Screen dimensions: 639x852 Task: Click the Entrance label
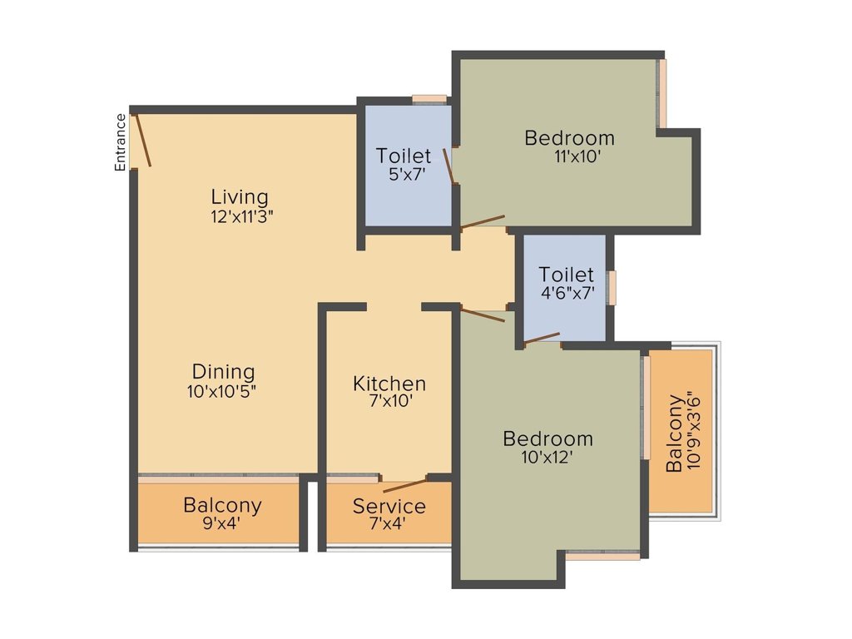click(x=120, y=142)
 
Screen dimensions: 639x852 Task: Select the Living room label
click(x=240, y=197)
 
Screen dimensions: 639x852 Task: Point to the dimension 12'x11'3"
click(x=241, y=216)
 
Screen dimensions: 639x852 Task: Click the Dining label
click(x=223, y=372)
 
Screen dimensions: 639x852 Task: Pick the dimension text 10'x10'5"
click(x=222, y=391)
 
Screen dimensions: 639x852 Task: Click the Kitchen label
click(x=389, y=384)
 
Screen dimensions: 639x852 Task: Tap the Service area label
click(x=389, y=506)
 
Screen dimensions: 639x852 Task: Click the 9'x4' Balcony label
click(x=222, y=505)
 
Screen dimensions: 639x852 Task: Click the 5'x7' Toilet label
click(x=404, y=156)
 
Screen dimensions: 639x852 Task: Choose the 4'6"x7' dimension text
click(x=567, y=293)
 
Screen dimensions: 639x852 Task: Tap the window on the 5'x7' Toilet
click(x=429, y=99)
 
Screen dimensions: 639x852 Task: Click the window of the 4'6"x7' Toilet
click(x=612, y=287)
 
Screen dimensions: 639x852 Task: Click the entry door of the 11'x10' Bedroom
click(x=483, y=222)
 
